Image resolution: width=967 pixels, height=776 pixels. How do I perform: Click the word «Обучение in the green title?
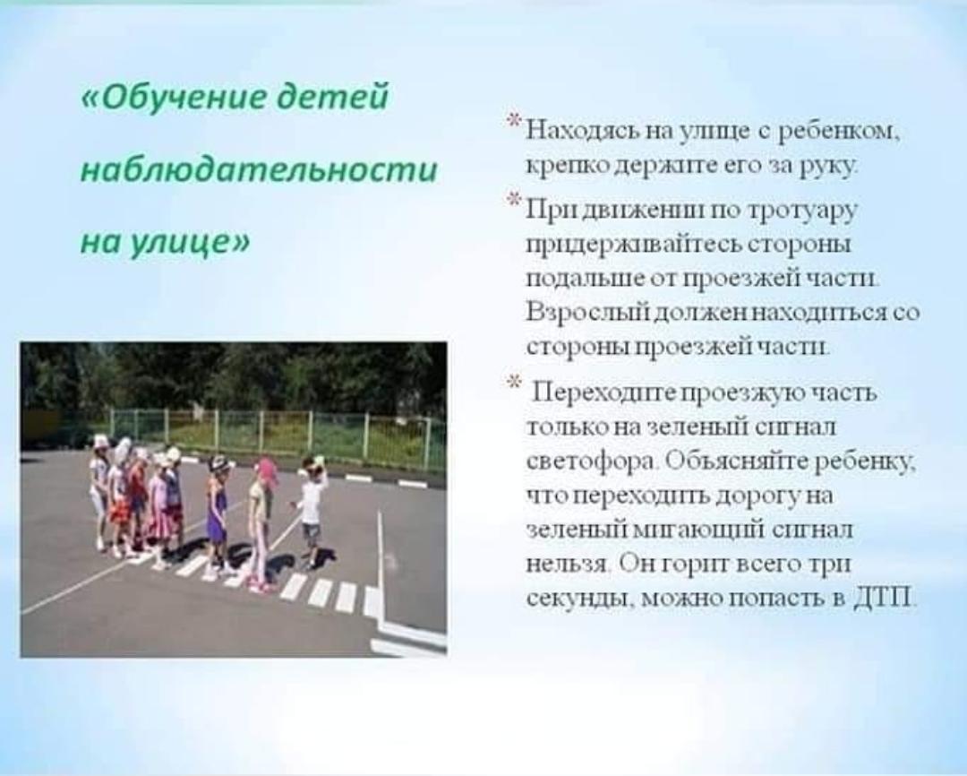click(174, 98)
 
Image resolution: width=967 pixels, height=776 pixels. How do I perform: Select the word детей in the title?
click(333, 98)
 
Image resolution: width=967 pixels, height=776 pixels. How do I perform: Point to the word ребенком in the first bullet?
click(839, 131)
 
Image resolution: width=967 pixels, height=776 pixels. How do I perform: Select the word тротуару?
click(802, 211)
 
